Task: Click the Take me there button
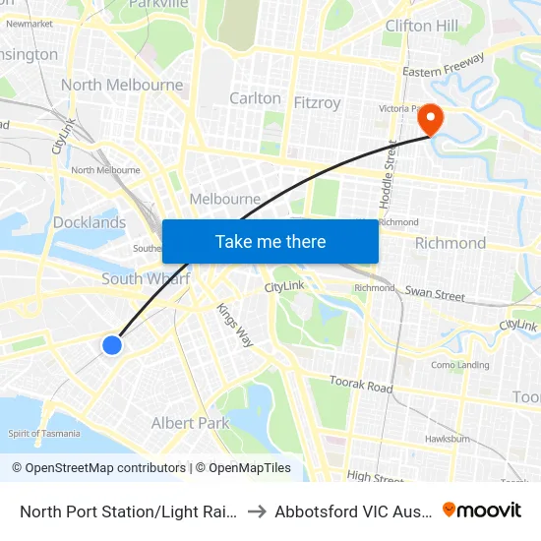pyautogui.click(x=270, y=241)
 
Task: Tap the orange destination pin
pyautogui.click(x=431, y=120)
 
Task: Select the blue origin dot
pyautogui.click(x=112, y=344)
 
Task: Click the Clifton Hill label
pyautogui.click(x=421, y=25)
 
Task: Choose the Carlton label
pyautogui.click(x=255, y=98)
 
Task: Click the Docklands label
pyautogui.click(x=90, y=222)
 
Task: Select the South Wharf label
pyautogui.click(x=146, y=279)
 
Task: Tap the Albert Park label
pyautogui.click(x=190, y=423)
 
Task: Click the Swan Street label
pyautogui.click(x=435, y=293)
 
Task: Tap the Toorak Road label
pyautogui.click(x=361, y=382)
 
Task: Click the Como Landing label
pyautogui.click(x=460, y=365)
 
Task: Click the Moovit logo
pyautogui.click(x=482, y=511)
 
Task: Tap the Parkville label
pyautogui.click(x=158, y=4)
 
